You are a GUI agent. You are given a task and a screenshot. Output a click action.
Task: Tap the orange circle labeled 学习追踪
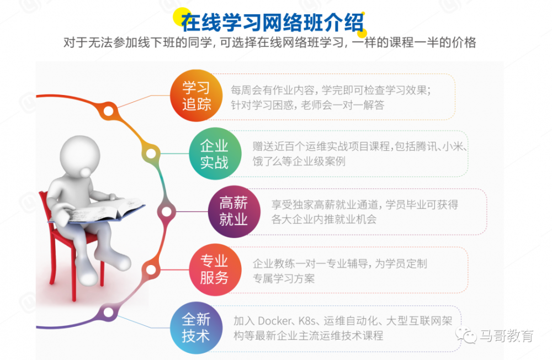tap(197, 96)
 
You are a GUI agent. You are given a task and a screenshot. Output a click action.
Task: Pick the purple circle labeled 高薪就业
tap(233, 211)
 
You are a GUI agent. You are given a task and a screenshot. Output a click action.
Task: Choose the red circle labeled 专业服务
tap(214, 269)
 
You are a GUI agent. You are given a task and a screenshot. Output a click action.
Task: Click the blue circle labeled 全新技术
tap(197, 327)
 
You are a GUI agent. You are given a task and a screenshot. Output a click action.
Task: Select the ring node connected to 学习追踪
tap(109, 110)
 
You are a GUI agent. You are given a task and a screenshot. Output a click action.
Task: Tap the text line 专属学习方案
tap(284, 279)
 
